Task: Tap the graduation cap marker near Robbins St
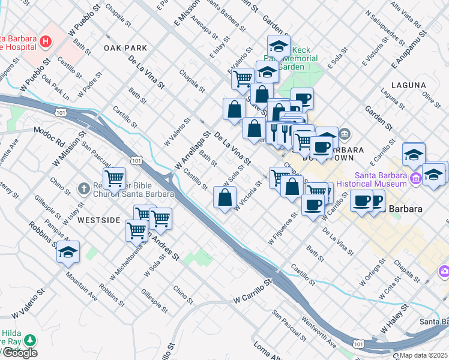[68, 253]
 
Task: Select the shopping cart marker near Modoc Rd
[113, 178]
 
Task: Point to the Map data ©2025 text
[423, 355]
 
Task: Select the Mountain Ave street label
[82, 286]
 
